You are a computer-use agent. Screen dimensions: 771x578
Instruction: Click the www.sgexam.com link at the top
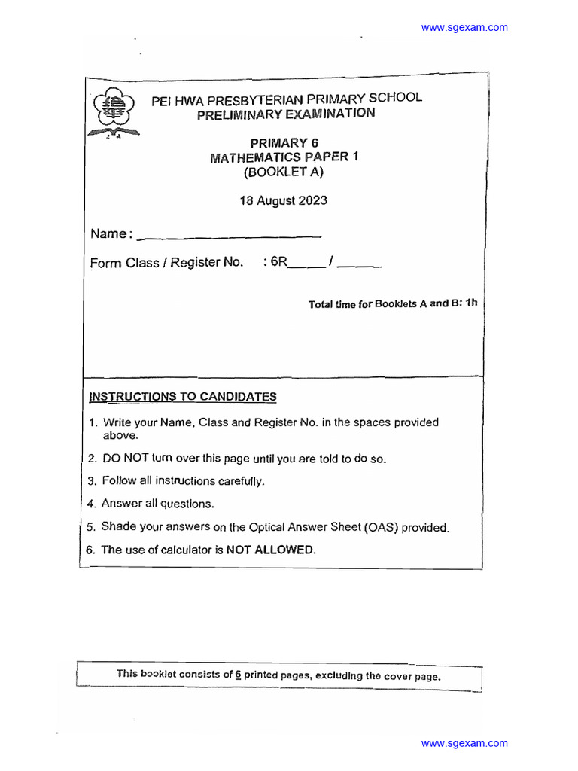coord(464,28)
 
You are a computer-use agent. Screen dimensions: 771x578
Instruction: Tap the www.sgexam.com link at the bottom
coord(464,743)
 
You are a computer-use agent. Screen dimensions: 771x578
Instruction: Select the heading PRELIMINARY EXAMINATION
coord(285,114)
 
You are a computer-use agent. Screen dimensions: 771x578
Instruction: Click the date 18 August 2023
coord(283,201)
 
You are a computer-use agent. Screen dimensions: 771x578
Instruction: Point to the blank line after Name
coord(230,236)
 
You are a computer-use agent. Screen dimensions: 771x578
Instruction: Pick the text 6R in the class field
coord(279,262)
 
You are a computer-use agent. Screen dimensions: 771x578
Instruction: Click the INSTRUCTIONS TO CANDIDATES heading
coord(183,397)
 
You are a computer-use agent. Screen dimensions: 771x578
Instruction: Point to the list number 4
coord(90,504)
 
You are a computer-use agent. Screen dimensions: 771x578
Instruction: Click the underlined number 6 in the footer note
coord(238,675)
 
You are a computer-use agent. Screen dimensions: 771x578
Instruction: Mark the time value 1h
coord(471,303)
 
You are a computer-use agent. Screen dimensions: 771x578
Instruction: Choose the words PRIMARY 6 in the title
coord(279,143)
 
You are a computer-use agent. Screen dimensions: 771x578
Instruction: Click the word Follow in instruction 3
coord(120,481)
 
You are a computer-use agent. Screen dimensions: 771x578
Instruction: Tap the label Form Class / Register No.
coord(167,263)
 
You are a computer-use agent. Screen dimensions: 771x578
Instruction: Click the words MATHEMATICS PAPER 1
coord(279,157)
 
